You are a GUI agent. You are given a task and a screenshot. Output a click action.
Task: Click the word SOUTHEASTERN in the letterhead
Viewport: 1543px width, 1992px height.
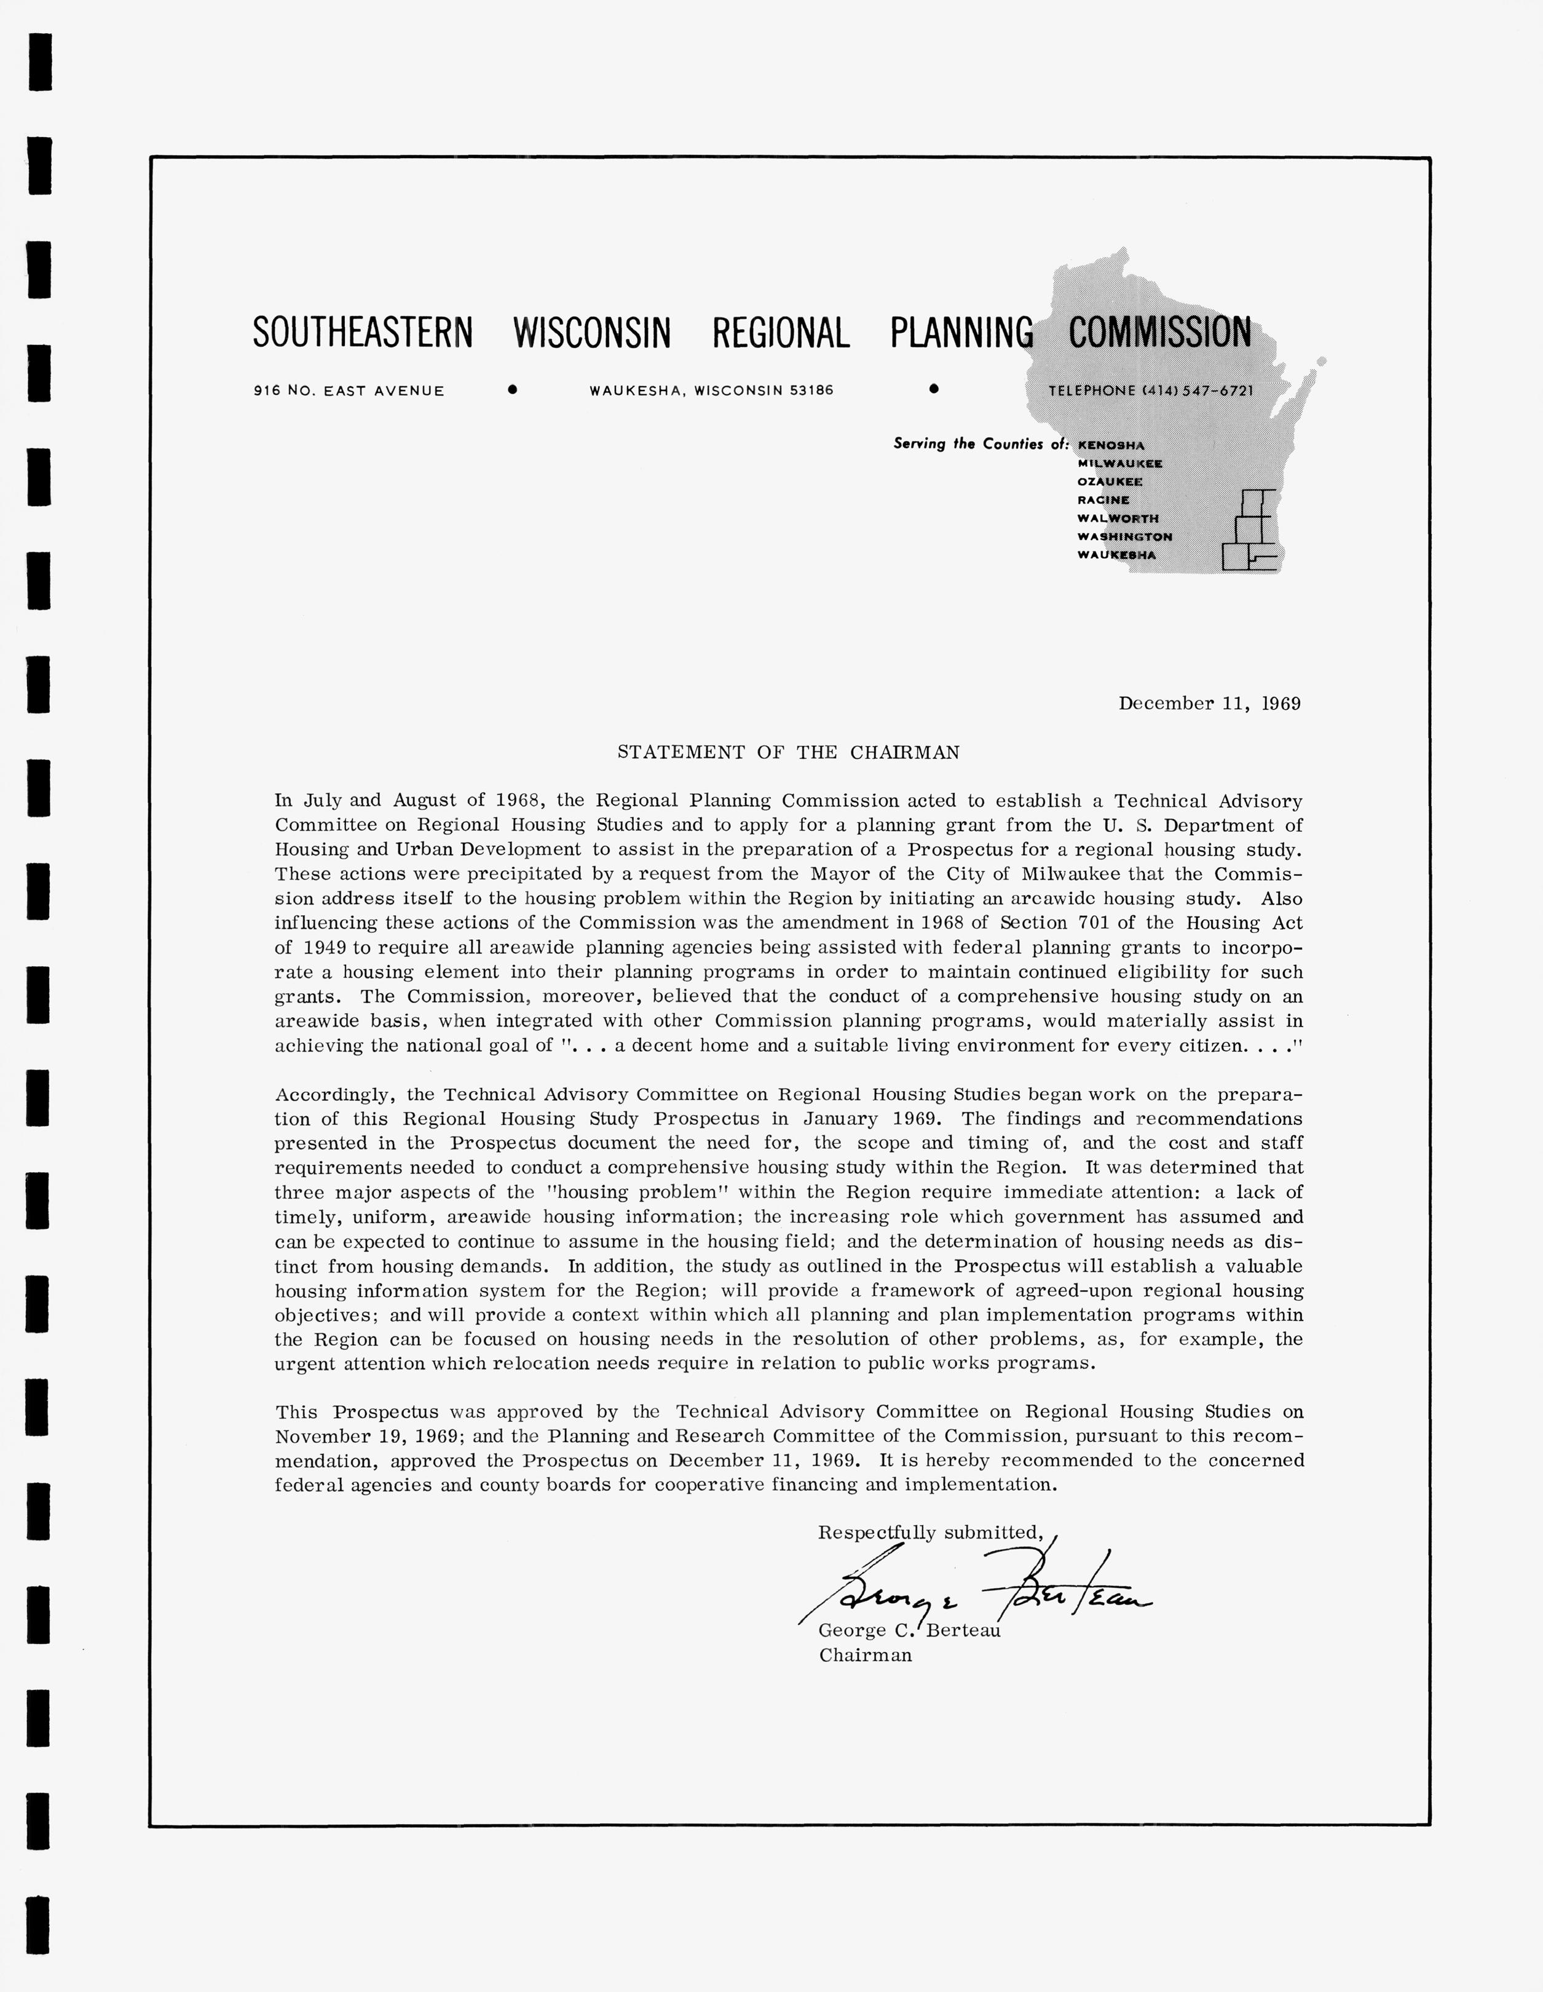pyautogui.click(x=363, y=333)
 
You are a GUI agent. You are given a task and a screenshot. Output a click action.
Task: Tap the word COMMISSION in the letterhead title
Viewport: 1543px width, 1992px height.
pyautogui.click(x=1160, y=333)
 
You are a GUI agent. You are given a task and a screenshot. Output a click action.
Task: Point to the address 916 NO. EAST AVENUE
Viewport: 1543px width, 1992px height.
pyautogui.click(x=349, y=391)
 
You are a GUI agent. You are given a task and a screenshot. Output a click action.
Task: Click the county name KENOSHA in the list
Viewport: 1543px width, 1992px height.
pyautogui.click(x=1111, y=445)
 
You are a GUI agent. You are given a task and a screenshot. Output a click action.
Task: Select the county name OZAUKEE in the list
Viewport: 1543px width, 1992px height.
pyautogui.click(x=1110, y=482)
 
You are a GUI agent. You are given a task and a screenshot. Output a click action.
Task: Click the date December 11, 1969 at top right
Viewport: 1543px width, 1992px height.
pyautogui.click(x=1209, y=703)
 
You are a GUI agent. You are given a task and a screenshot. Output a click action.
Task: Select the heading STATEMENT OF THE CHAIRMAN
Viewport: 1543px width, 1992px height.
pyautogui.click(x=788, y=753)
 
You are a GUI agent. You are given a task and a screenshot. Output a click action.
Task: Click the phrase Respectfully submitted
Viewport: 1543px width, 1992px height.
pyautogui.click(x=930, y=1533)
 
